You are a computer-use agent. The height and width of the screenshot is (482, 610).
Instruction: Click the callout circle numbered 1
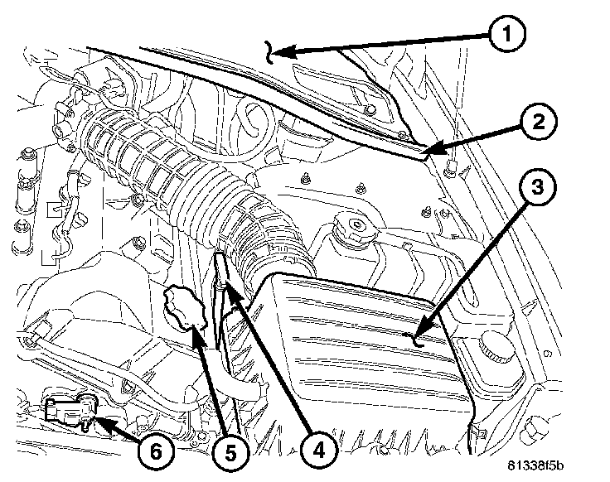pyautogui.click(x=506, y=34)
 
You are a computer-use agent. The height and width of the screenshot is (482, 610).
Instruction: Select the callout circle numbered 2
pyautogui.click(x=539, y=123)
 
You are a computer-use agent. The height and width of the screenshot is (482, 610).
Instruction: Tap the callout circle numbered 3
pyautogui.click(x=538, y=187)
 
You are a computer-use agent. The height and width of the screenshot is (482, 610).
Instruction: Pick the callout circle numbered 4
pyautogui.click(x=318, y=451)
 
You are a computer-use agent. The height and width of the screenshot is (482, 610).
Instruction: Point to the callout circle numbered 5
pyautogui.click(x=230, y=453)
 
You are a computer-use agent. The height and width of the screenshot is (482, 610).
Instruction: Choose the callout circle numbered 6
pyautogui.click(x=156, y=452)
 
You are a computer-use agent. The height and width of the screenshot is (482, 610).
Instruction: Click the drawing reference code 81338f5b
pyautogui.click(x=535, y=465)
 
